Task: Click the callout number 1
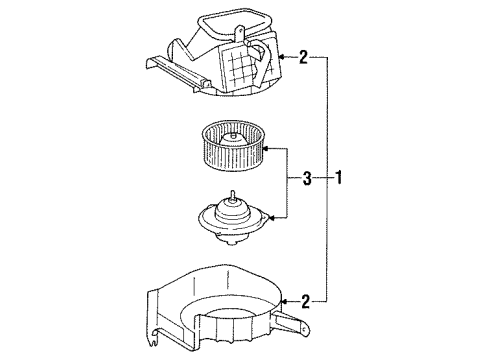click(x=340, y=180)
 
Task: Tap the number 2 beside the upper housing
click(x=303, y=58)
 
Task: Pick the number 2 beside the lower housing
click(x=303, y=297)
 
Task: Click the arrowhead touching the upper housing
click(x=278, y=58)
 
